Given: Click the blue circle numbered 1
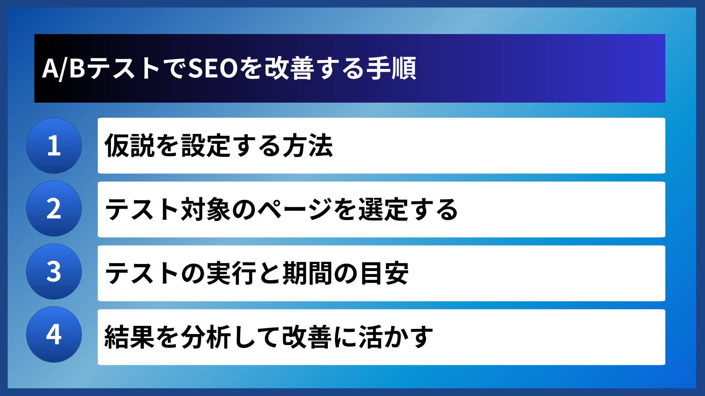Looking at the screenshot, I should (x=54, y=146).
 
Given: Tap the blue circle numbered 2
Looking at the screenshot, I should (x=54, y=209).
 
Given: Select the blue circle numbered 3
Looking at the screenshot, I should (x=54, y=272).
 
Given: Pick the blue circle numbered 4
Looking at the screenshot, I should (x=54, y=334).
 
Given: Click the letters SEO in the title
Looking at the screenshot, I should (x=213, y=69).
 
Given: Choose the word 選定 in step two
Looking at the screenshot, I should (x=383, y=209).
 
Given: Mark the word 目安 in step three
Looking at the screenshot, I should (x=384, y=273).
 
